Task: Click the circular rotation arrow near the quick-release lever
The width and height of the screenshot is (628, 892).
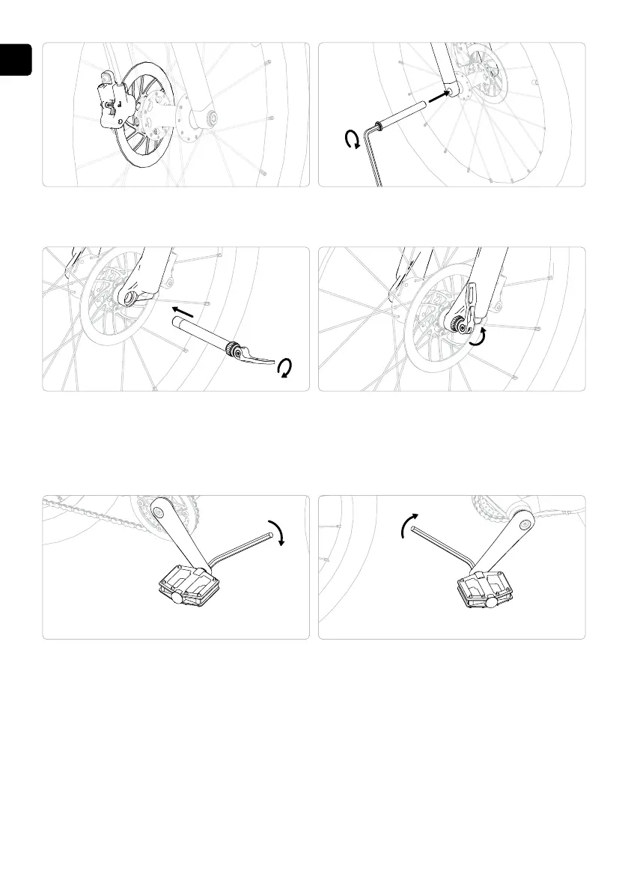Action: pyautogui.click(x=284, y=368)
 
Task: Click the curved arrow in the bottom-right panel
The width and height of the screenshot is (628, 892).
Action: pyautogui.click(x=404, y=526)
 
